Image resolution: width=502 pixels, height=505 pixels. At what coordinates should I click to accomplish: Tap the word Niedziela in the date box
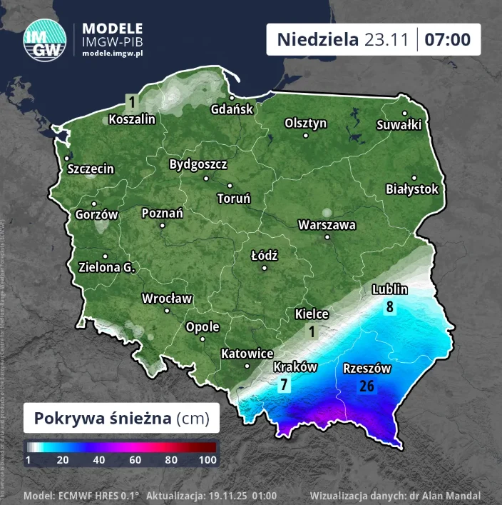317,39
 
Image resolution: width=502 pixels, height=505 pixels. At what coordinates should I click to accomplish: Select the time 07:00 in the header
447,39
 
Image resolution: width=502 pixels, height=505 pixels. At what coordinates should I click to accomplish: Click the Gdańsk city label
232,109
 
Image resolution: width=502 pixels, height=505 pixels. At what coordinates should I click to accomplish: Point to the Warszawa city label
327,225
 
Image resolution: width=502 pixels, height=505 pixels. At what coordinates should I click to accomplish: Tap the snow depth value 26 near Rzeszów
367,386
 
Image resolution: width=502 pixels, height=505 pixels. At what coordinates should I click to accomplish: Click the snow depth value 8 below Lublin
390,307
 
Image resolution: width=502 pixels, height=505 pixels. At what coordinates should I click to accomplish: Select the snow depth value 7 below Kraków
284,385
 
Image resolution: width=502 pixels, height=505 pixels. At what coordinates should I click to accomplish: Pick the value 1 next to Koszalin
131,101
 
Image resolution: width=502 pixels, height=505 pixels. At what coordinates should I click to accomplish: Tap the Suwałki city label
399,124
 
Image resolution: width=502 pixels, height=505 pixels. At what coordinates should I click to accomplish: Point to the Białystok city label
411,189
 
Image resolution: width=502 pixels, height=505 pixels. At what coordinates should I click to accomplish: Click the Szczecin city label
91,169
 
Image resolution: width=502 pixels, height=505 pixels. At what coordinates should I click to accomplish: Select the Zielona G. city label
107,267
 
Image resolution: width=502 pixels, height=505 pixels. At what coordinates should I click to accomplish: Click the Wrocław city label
167,299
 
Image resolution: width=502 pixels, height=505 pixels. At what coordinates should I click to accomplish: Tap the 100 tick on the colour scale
208,461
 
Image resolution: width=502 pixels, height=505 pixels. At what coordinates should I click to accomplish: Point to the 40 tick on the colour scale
99,461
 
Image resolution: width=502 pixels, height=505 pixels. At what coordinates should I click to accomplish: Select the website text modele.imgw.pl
113,54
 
